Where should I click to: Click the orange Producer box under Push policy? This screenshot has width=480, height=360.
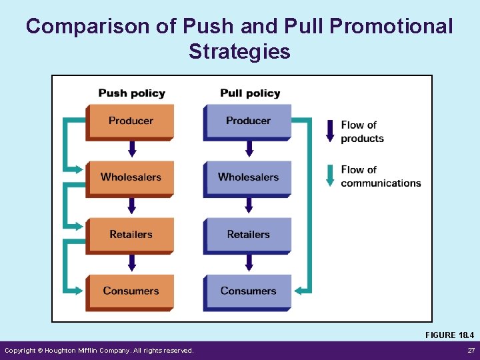[x=130, y=121]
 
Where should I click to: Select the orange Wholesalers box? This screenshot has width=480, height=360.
[x=130, y=177]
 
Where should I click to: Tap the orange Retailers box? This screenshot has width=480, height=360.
[x=130, y=235]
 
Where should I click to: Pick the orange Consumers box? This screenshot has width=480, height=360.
[x=130, y=291]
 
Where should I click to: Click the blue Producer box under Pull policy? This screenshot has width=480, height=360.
[x=247, y=121]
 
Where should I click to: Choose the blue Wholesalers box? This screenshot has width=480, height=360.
[x=247, y=177]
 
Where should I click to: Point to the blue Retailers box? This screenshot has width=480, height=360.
[x=247, y=235]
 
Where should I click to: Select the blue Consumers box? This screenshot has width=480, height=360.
[x=247, y=291]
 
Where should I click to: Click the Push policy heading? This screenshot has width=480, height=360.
[x=131, y=93]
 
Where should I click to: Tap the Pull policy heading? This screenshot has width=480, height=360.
[x=250, y=93]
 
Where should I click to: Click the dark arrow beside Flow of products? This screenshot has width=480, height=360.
[x=330, y=131]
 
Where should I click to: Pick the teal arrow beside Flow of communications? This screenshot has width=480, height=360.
[x=330, y=175]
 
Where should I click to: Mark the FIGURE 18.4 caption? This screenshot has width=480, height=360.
[x=449, y=335]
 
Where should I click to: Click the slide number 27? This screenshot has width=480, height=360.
[x=471, y=351]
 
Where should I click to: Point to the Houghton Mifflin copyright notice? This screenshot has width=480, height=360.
[x=99, y=351]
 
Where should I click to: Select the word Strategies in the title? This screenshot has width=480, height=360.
[x=239, y=51]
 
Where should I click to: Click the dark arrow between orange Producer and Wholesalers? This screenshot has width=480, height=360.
[x=132, y=149]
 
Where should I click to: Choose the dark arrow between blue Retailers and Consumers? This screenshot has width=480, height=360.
[x=249, y=263]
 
